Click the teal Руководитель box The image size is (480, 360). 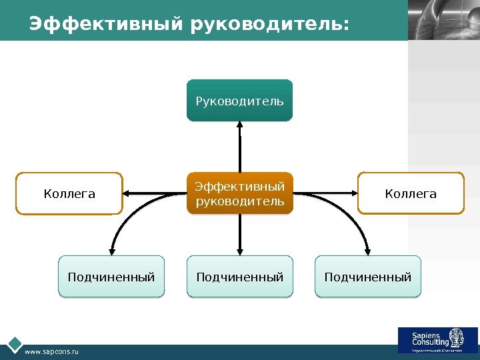point(239,101)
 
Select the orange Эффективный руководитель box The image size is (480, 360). point(239,193)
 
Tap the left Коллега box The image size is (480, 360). point(69,193)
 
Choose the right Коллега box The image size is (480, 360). point(411,193)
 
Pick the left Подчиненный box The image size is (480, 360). point(111,276)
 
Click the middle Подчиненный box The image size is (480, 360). point(239,276)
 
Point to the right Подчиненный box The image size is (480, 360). point(368,276)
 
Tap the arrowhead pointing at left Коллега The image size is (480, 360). point(129,193)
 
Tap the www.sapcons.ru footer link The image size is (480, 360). point(51,351)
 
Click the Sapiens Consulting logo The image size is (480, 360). point(437,340)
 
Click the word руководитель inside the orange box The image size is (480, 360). point(239,201)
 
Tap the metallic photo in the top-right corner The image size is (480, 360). point(443,20)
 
